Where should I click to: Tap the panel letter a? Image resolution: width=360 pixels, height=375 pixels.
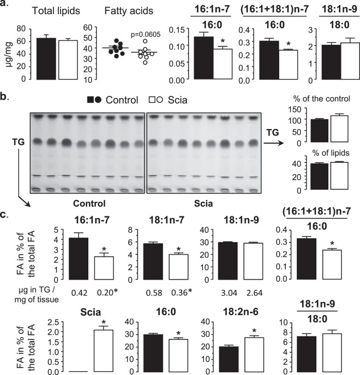click(5, 5)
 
